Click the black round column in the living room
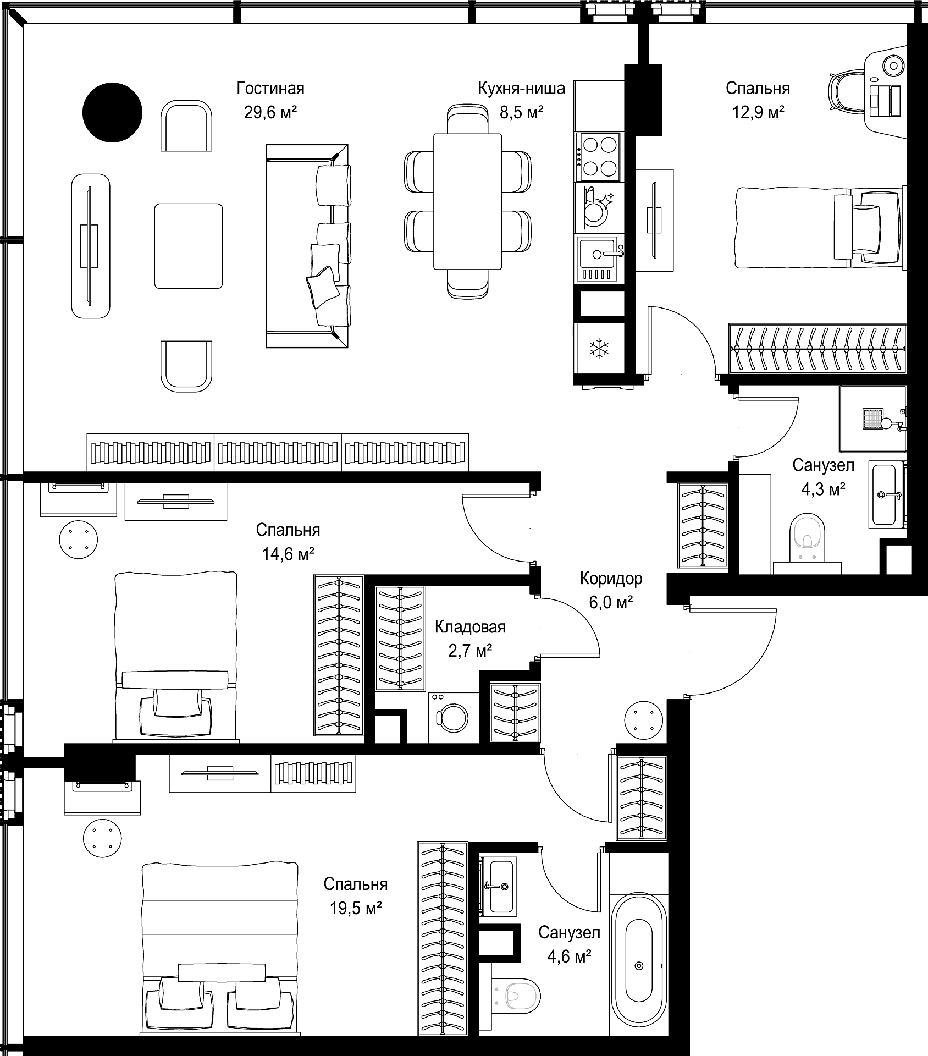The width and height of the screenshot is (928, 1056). [112, 112]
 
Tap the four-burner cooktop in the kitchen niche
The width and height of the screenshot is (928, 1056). [599, 157]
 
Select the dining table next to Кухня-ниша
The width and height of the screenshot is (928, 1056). [467, 201]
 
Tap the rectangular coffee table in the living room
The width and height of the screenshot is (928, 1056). [189, 246]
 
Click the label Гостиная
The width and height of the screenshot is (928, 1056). [270, 88]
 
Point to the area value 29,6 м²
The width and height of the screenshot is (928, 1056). [270, 113]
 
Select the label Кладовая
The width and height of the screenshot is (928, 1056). [470, 626]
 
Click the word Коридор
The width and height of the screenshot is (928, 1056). [611, 579]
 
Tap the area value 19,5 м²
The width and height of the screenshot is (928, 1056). [356, 908]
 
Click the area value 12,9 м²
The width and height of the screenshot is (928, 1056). [758, 113]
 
